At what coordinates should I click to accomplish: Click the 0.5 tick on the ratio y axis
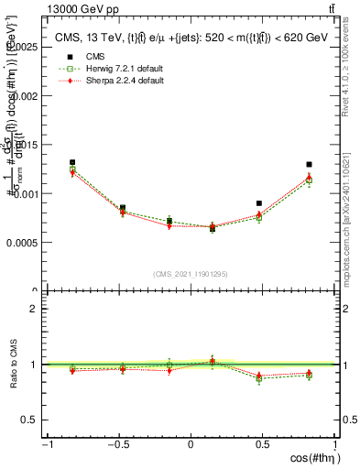coord(32,420)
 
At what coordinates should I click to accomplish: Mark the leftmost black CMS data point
coord(72,162)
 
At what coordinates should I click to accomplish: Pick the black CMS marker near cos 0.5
coord(259,203)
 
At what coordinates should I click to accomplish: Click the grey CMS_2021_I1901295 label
coord(191,274)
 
